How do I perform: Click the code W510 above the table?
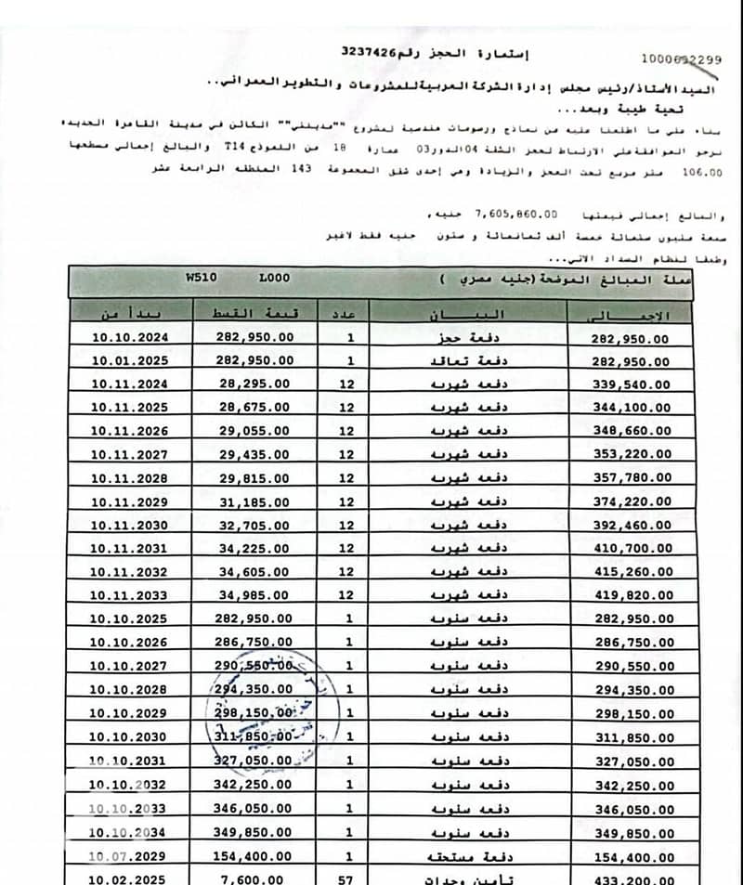pos(198,278)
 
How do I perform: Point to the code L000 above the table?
pos(275,278)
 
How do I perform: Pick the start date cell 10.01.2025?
pos(130,360)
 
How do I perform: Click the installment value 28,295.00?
pos(254,384)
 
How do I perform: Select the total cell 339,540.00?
pos(631,384)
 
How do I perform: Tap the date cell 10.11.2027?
pos(130,454)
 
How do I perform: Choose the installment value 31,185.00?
pos(254,501)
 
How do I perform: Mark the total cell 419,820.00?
pos(631,596)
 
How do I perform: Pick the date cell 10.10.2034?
pos(129,832)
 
